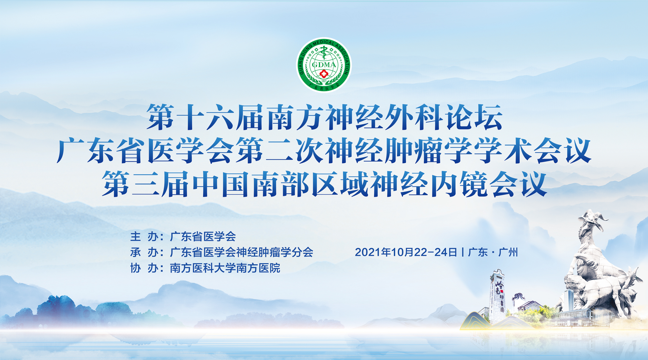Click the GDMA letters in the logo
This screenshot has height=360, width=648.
coord(324,65)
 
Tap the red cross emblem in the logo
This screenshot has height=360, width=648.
coord(324,74)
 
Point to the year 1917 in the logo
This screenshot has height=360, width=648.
coord(324,81)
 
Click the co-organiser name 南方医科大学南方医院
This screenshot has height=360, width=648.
coord(225,268)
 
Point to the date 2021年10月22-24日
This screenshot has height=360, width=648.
coord(406,252)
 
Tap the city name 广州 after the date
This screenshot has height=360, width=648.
coord(508,252)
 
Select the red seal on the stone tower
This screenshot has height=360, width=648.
coord(502,291)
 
